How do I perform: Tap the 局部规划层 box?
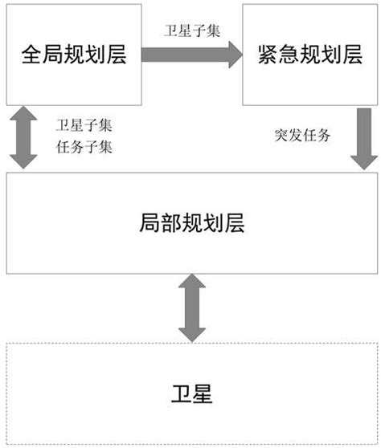(190, 223)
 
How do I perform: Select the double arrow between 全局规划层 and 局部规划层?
(23, 141)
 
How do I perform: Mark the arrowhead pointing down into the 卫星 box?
(190, 332)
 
